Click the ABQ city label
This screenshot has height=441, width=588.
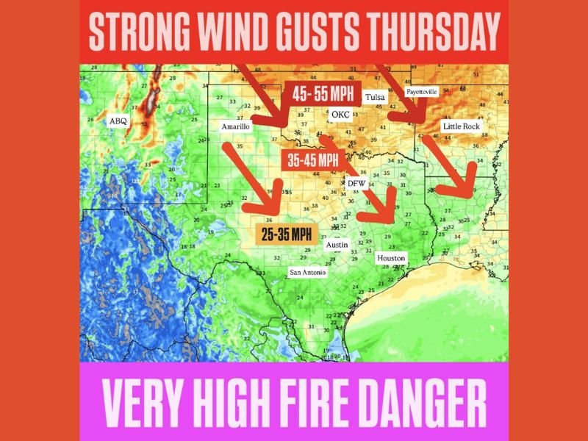coord(118,121)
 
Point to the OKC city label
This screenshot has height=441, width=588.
coord(341,115)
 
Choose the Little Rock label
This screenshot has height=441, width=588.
coord(461,126)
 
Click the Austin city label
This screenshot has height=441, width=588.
coord(337,244)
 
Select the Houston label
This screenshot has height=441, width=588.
coord(390,259)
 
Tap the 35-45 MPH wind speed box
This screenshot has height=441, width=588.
coord(312,158)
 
